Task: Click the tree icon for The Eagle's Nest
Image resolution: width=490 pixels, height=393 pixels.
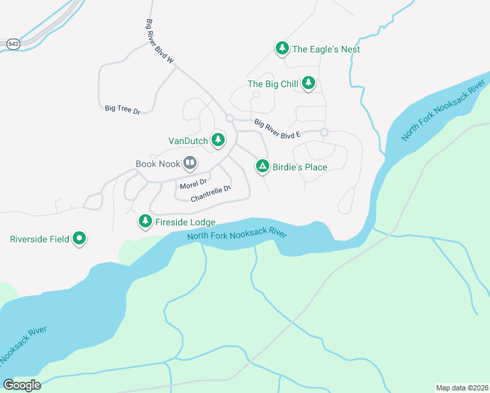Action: click(x=282, y=48)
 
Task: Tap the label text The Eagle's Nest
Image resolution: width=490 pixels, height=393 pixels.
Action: click(x=326, y=49)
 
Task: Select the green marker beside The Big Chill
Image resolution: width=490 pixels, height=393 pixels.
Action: click(x=309, y=83)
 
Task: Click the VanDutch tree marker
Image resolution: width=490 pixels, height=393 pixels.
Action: click(x=218, y=140)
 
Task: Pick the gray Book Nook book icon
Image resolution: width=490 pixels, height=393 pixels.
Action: click(x=189, y=162)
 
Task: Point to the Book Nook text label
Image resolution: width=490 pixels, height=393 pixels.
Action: click(x=157, y=163)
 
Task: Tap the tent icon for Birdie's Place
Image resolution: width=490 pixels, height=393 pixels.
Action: click(x=262, y=166)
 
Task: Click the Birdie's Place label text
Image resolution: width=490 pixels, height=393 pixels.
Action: click(x=300, y=167)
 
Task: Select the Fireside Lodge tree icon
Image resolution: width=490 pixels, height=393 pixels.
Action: click(x=145, y=222)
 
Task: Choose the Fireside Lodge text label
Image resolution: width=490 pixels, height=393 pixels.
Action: click(x=185, y=223)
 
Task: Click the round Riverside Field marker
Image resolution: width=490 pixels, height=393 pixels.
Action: click(x=80, y=238)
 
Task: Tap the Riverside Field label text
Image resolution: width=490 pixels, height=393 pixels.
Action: click(x=38, y=239)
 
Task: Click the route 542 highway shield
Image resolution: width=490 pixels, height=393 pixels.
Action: click(x=14, y=43)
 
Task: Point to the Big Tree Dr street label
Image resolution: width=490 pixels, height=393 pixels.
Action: click(x=122, y=110)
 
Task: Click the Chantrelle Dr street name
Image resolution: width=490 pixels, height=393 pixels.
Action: click(x=211, y=194)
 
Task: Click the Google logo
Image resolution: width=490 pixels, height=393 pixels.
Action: click(x=22, y=384)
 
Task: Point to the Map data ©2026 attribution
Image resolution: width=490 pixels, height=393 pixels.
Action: click(x=462, y=387)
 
